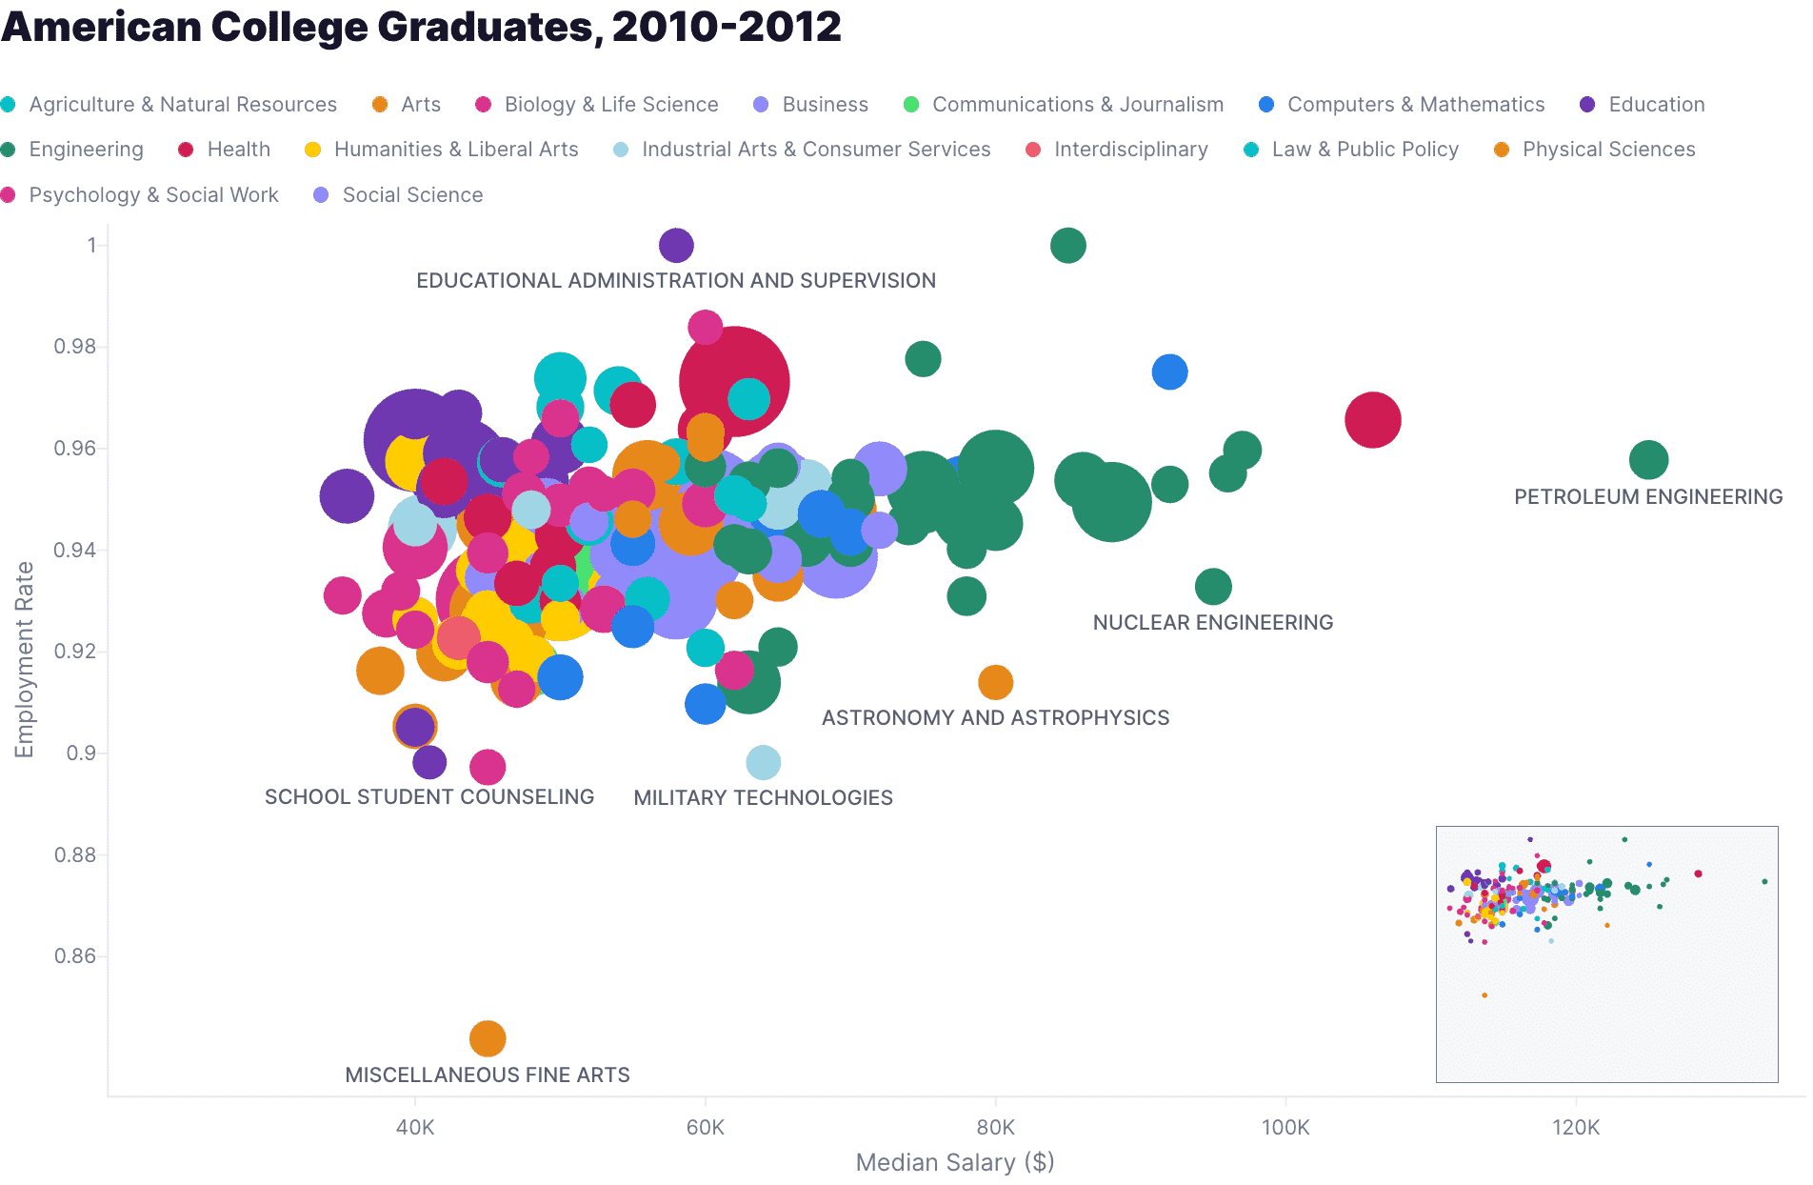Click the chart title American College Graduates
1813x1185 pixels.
pos(421,27)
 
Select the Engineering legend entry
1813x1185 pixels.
pos(86,150)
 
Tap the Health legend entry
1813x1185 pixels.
pos(238,150)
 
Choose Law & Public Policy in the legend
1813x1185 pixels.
pos(1365,150)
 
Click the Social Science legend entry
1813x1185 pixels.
pos(411,195)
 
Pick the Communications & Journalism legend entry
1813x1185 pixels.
pos(1077,105)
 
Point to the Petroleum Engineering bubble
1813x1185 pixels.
pos(1648,460)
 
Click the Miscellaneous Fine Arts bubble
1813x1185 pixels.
pos(488,1038)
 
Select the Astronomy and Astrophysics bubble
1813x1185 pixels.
pos(995,682)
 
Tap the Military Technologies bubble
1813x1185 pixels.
pos(764,762)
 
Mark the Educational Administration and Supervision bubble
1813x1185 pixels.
pos(676,246)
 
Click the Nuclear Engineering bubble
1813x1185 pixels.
pos(1213,587)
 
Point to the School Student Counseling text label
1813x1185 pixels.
pos(429,797)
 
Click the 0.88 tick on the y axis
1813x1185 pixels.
pos(75,854)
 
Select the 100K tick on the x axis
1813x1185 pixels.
pos(1285,1128)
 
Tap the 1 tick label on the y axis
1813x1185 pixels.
pos(91,246)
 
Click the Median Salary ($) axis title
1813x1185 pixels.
pos(955,1162)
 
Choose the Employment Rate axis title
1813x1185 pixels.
pos(24,659)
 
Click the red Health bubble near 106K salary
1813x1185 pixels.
pos(1372,420)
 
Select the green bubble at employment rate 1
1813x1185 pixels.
pos(1067,246)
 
